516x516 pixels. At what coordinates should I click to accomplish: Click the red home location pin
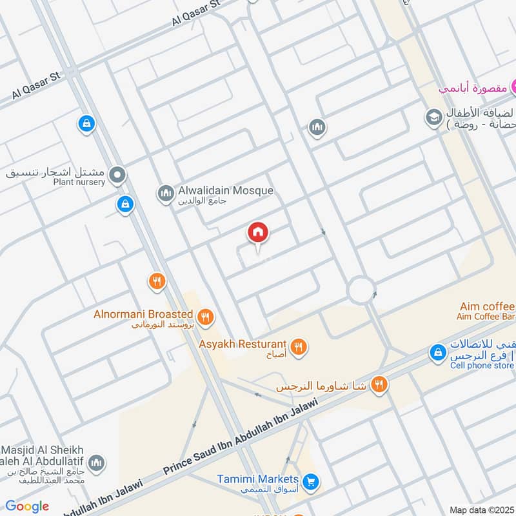[x=258, y=233]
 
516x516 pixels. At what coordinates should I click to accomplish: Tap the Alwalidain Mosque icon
[x=166, y=193]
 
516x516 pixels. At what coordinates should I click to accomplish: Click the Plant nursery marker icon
[x=117, y=174]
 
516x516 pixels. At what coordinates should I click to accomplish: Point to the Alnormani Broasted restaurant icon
[x=206, y=316]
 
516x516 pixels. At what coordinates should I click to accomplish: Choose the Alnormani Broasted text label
[x=143, y=314]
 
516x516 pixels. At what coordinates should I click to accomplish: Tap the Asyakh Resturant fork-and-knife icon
[x=298, y=347]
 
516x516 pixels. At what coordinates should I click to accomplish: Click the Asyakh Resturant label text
[x=242, y=344]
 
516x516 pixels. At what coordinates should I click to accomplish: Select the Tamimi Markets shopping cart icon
[x=311, y=482]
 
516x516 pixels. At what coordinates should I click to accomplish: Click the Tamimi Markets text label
[x=257, y=479]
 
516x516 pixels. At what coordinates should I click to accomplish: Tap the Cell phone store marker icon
[x=438, y=352]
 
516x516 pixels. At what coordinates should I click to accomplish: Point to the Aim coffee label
[x=487, y=306]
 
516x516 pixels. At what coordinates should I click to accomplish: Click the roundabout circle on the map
[x=361, y=290]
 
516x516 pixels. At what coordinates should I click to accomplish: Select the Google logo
[x=26, y=506]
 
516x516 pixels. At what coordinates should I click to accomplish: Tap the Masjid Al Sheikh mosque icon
[x=96, y=463]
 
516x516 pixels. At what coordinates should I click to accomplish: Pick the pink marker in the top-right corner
[x=514, y=86]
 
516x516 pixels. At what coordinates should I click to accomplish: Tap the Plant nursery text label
[x=79, y=183]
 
